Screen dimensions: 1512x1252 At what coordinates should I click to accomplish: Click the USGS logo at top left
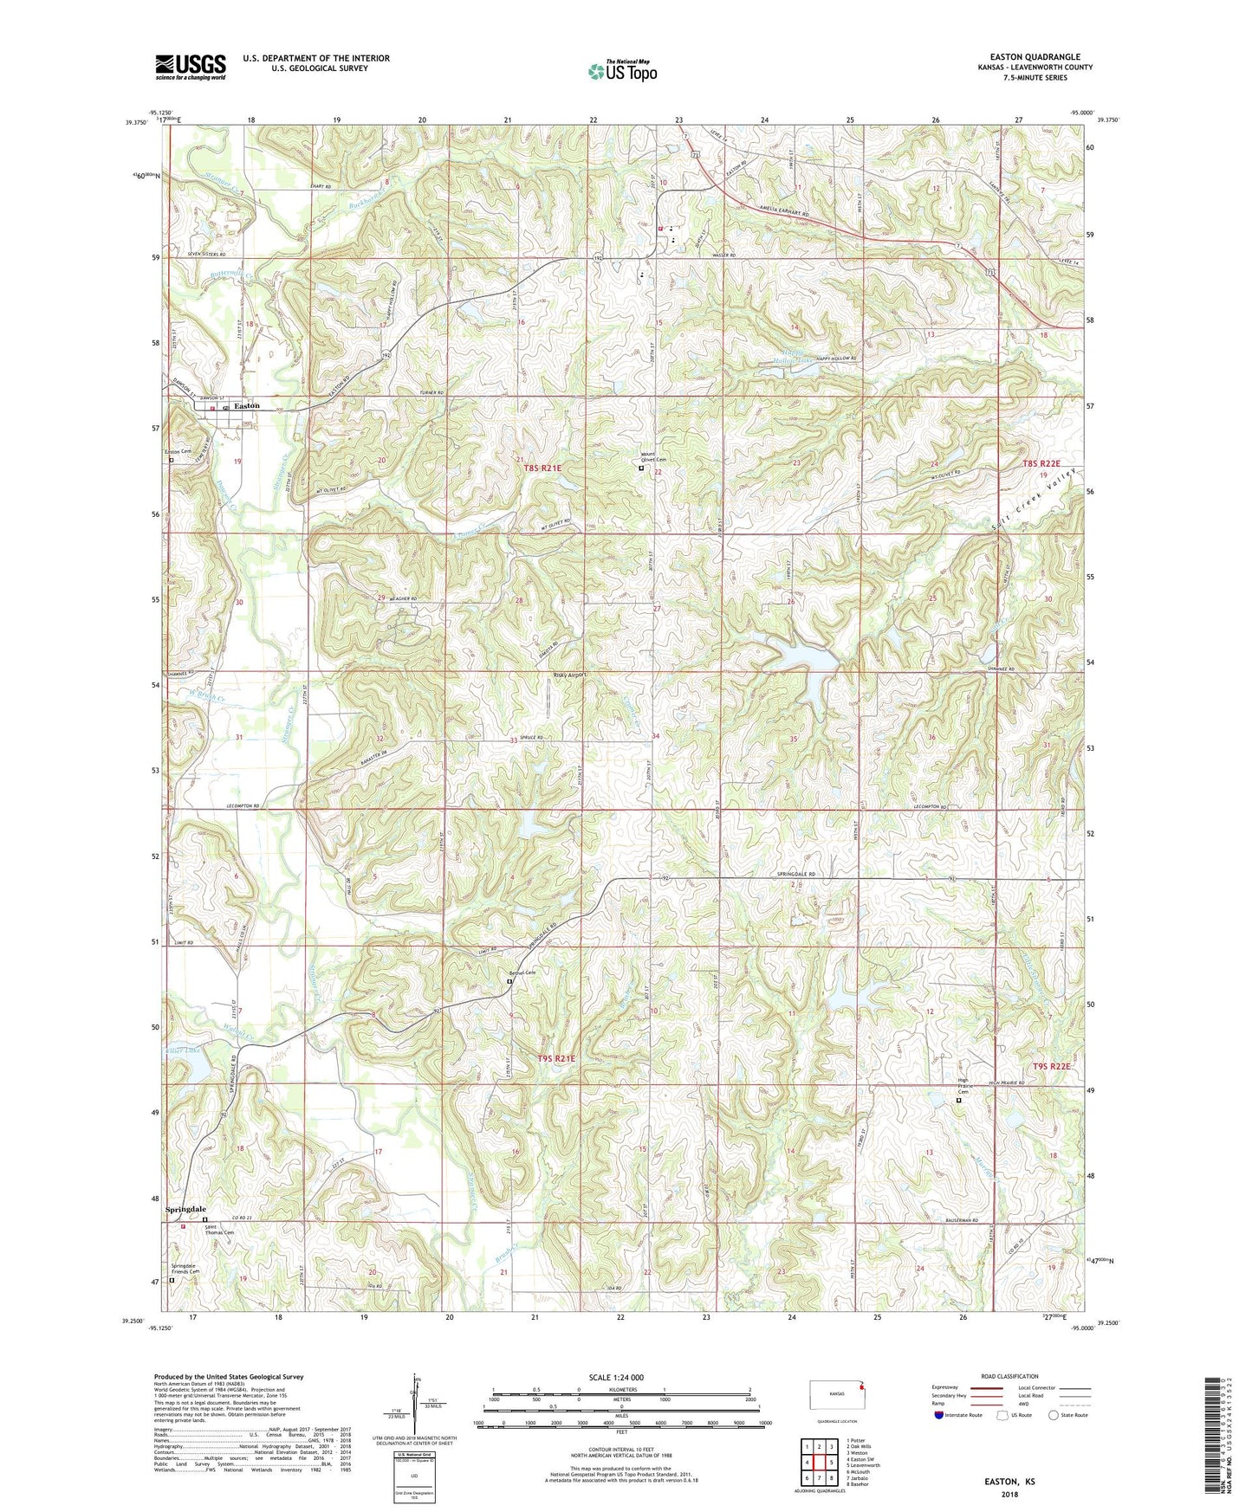click(x=191, y=67)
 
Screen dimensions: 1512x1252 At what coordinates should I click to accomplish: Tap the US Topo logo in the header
click(x=622, y=71)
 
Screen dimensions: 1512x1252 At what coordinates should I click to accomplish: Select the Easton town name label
click(x=247, y=406)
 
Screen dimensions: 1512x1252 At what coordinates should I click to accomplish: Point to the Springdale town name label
click(x=186, y=1209)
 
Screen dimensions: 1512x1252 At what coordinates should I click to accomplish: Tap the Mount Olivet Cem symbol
click(x=641, y=468)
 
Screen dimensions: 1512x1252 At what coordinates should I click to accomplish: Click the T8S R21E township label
click(x=543, y=468)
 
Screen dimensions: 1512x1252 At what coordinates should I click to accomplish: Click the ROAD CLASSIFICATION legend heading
click(x=1010, y=1376)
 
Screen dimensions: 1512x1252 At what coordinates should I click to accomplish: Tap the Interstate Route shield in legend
click(x=940, y=1416)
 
